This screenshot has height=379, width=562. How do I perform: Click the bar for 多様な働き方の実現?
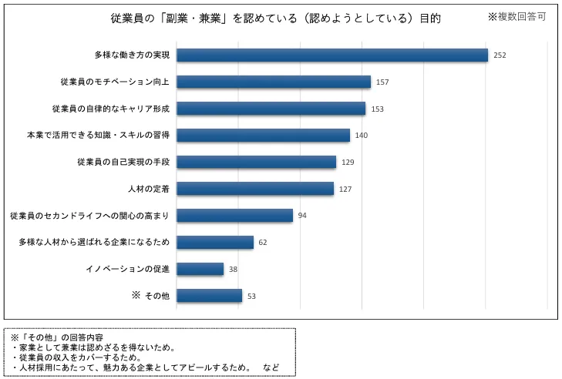point(332,55)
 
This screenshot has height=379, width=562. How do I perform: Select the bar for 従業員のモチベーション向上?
point(274,82)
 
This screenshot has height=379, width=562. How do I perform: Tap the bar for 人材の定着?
point(255,189)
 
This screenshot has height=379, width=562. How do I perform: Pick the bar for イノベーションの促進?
point(200,269)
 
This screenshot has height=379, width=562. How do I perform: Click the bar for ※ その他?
point(210,295)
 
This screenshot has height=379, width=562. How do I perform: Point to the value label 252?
point(500,55)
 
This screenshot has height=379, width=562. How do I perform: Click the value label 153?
point(377,109)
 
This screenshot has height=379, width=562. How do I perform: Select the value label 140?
point(362,136)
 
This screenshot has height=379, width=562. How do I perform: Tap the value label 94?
point(302,216)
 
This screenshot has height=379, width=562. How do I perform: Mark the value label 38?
point(233,269)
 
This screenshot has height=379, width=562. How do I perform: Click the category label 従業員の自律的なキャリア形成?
point(111,109)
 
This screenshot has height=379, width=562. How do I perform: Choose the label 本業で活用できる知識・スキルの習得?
point(98,135)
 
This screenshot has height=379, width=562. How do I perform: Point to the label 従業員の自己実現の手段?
point(123,162)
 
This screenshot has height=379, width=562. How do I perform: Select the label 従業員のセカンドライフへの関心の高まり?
point(89,215)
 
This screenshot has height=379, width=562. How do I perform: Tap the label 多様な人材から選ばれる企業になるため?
point(94,242)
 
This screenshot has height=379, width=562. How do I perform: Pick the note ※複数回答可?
point(517,16)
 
